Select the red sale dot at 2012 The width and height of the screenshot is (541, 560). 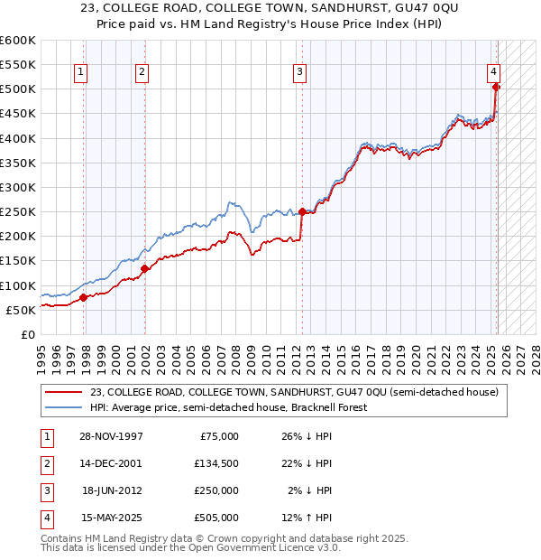pyautogui.click(x=301, y=211)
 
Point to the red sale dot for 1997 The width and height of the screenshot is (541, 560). pyautogui.click(x=83, y=297)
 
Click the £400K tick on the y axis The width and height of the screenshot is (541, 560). pyautogui.click(x=17, y=138)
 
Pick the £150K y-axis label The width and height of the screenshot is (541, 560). pyautogui.click(x=17, y=260)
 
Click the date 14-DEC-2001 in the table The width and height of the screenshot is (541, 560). pyautogui.click(x=110, y=463)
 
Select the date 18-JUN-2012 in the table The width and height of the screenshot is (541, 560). pyautogui.click(x=110, y=490)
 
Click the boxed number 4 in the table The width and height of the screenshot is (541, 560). pyautogui.click(x=44, y=518)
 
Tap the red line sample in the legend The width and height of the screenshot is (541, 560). pyautogui.click(x=62, y=391)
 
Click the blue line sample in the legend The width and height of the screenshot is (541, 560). pyautogui.click(x=62, y=407)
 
